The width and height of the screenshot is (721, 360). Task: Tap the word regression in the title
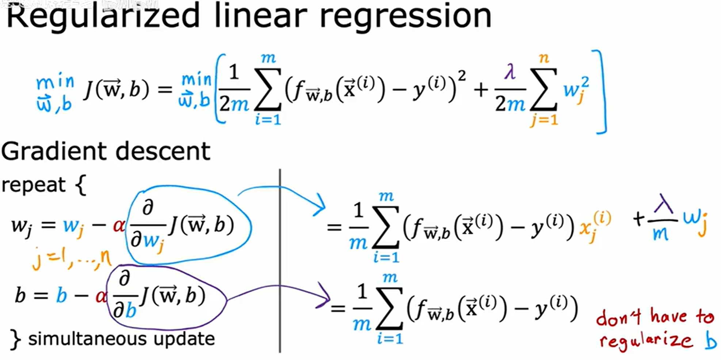point(405,16)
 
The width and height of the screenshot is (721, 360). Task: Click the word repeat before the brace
point(34,185)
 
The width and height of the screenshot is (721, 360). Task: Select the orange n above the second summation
point(544,58)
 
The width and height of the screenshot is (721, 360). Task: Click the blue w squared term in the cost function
point(576,90)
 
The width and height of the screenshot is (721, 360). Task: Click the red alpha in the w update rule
point(119,226)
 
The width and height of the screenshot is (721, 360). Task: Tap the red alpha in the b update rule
point(101,296)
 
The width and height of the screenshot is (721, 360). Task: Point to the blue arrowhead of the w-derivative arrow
point(319,206)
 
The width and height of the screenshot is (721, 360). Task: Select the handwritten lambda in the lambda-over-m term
point(663,205)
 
